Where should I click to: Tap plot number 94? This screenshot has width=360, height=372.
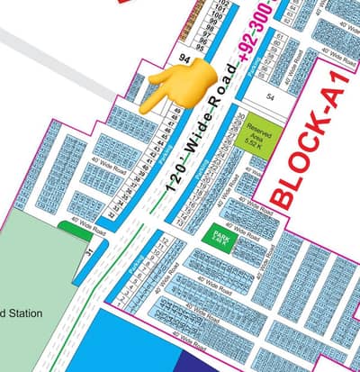tap(184, 57)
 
